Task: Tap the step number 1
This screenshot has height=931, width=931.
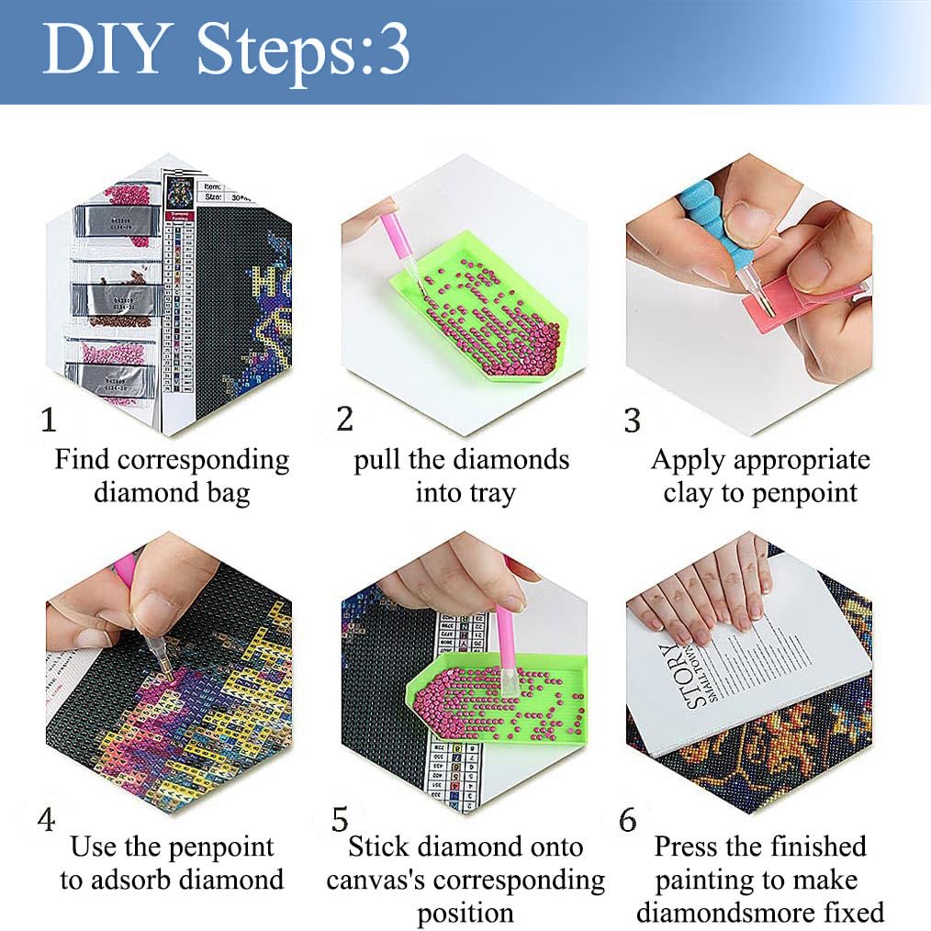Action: (x=49, y=421)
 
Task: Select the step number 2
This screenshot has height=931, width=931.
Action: (x=344, y=419)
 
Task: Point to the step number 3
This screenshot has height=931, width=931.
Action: (x=632, y=421)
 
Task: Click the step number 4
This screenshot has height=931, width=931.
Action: (x=47, y=819)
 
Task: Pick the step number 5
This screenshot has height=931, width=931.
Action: (x=341, y=819)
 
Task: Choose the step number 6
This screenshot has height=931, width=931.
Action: (x=628, y=819)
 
